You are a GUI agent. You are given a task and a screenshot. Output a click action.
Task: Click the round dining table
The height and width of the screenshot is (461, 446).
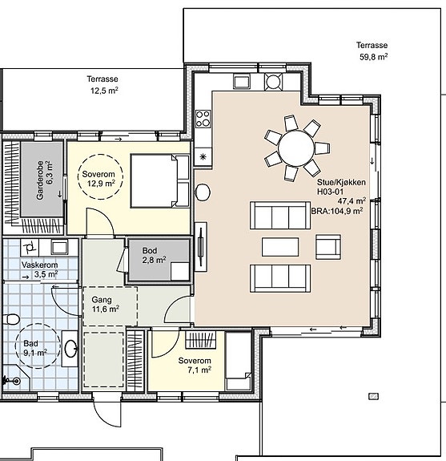click(x=296, y=148)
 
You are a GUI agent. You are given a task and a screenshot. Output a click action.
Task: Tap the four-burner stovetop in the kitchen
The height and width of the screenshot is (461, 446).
click(x=203, y=119)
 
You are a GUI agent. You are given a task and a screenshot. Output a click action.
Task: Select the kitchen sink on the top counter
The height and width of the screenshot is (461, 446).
click(x=242, y=81)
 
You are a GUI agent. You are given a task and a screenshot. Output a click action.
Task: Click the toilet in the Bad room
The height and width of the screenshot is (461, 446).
click(x=11, y=319)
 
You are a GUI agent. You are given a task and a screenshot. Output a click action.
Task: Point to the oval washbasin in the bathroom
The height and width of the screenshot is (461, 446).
click(x=70, y=349)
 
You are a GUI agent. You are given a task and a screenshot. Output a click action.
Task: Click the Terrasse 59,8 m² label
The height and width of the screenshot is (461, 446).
click(x=372, y=51)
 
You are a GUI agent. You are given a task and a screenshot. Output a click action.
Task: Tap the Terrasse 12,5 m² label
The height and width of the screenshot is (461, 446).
click(x=102, y=85)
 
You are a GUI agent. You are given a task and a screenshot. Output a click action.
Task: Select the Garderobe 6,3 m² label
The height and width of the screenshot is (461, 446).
click(x=45, y=180)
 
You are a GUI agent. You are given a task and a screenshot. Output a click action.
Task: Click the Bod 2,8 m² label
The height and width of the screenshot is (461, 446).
click(x=154, y=255)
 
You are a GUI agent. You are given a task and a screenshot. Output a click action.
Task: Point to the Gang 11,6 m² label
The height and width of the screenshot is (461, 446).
click(x=105, y=305)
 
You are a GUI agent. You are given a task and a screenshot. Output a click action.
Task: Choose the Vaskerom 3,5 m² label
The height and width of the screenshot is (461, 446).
click(x=40, y=269)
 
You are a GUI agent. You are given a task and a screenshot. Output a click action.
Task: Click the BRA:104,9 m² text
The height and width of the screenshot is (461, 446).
click(x=337, y=211)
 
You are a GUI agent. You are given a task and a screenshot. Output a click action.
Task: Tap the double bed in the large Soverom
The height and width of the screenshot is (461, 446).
click(x=160, y=181)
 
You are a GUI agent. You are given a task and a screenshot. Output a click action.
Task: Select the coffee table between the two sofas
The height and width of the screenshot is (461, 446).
click(x=280, y=247)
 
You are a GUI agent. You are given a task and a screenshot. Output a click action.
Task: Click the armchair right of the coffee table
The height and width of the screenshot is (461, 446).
click(x=328, y=247)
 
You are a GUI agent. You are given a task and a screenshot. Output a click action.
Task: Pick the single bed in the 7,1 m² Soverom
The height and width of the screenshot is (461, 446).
click(x=238, y=361)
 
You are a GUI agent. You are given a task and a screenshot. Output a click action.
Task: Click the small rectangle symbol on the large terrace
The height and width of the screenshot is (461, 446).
click(x=373, y=397)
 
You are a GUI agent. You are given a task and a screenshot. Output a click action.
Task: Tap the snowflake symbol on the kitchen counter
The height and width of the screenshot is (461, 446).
click(x=203, y=156)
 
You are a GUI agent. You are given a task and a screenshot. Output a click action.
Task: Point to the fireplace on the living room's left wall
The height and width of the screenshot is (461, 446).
click(x=201, y=247)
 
